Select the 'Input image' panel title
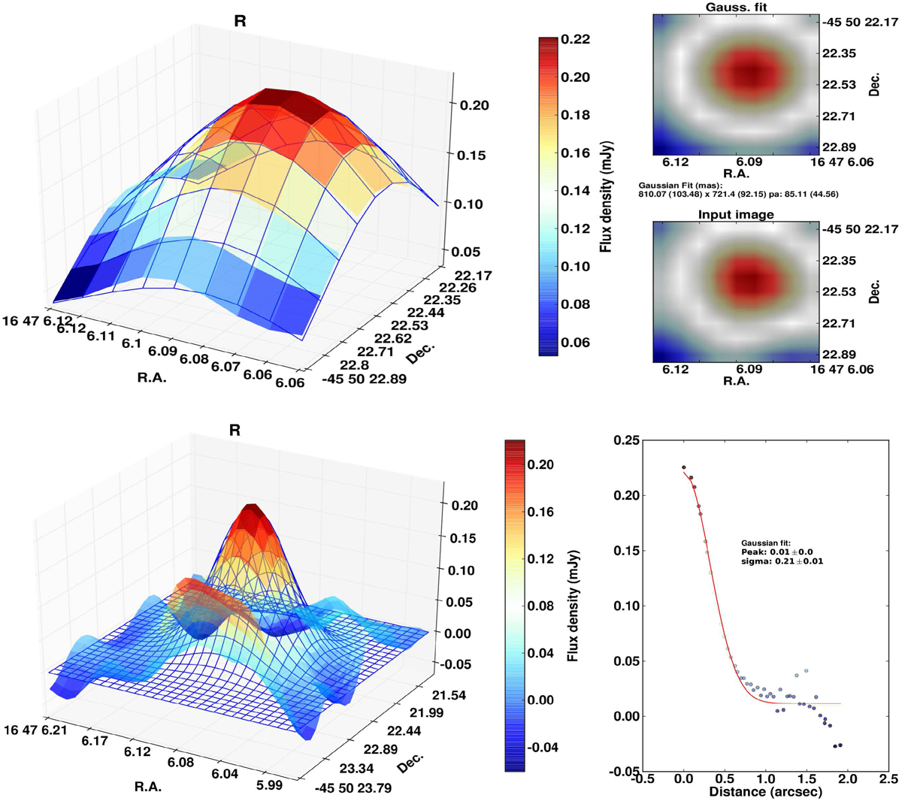click(736, 215)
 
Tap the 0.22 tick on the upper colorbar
click(575, 39)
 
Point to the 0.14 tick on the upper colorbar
click(575, 191)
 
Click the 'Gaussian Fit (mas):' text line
click(680, 185)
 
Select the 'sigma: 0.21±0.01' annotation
click(782, 561)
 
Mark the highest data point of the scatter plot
click(684, 467)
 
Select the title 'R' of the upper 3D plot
click(240, 22)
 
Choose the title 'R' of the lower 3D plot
click(235, 431)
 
